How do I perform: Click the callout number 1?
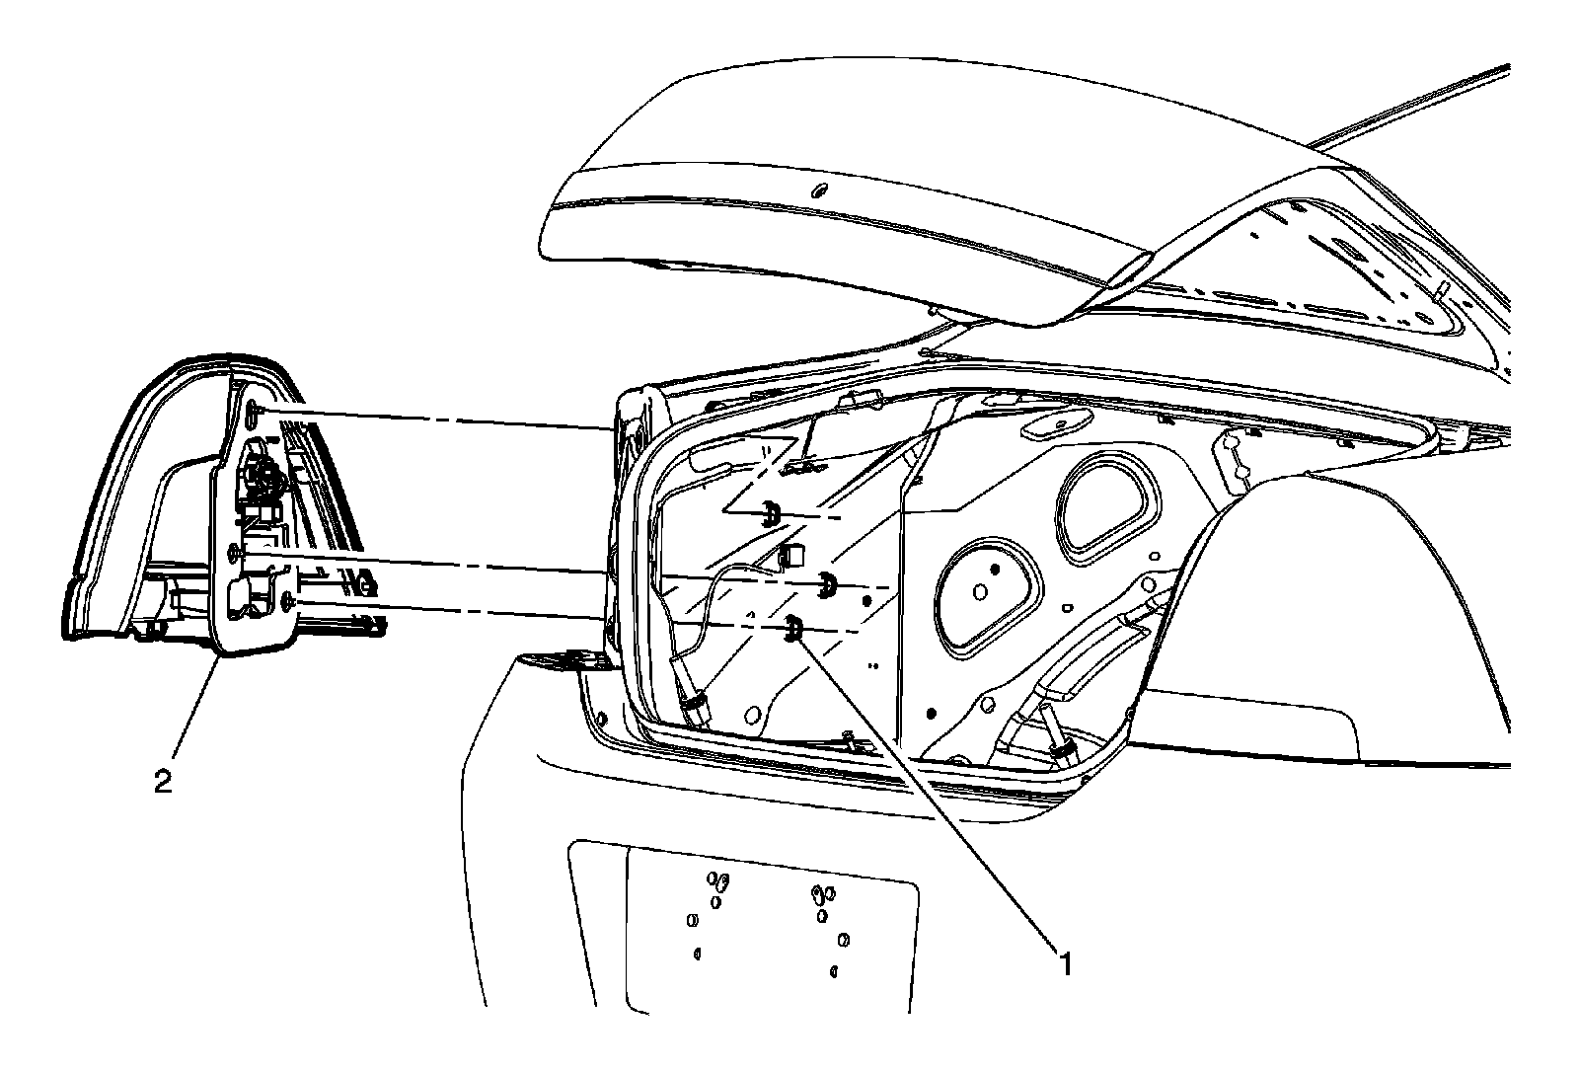click(1064, 961)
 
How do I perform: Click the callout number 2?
click(164, 782)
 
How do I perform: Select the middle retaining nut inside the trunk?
click(827, 586)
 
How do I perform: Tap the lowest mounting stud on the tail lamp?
click(286, 599)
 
